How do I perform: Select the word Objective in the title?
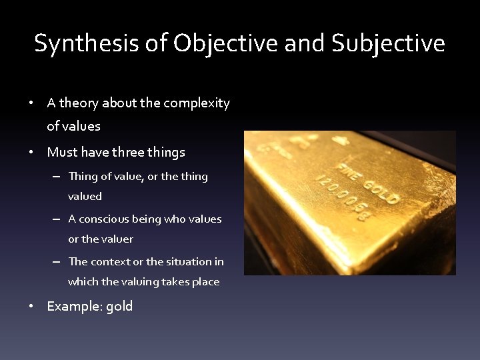(226, 44)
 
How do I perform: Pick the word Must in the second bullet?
(63, 153)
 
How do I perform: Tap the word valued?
(85, 197)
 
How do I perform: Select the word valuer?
(117, 239)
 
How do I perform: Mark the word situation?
(188, 262)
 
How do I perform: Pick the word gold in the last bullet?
(119, 307)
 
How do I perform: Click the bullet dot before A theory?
(31, 103)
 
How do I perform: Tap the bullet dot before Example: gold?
(31, 307)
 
